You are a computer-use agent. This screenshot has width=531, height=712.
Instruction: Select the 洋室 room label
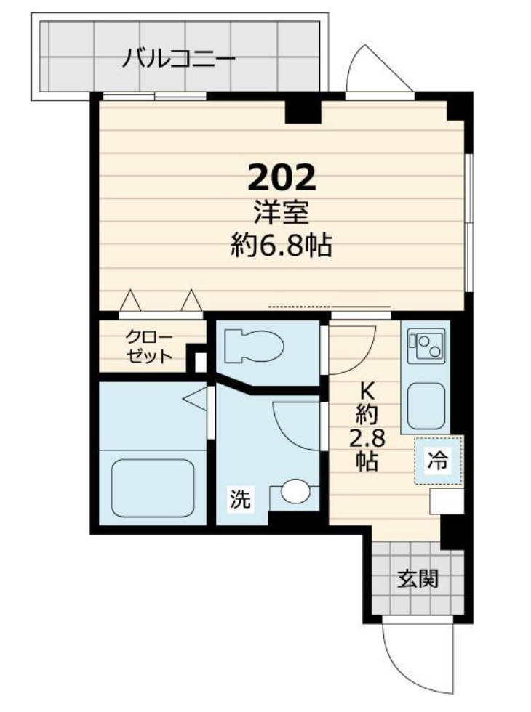coord(282,214)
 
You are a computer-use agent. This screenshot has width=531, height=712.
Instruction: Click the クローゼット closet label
coord(149,346)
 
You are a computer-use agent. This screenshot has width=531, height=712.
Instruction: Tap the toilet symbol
coord(251,345)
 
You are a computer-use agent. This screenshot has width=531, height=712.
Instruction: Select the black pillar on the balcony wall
coord(303,109)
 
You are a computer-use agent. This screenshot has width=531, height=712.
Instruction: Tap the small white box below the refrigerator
coord(445,501)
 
